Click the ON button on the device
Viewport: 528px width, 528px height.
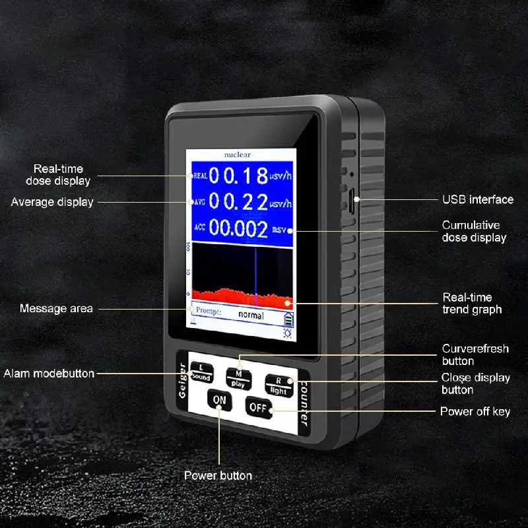click(219, 399)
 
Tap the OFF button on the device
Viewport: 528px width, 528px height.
click(257, 407)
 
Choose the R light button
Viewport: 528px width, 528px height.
click(278, 385)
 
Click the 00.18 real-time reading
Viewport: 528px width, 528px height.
click(234, 176)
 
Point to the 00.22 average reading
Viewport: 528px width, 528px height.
click(234, 201)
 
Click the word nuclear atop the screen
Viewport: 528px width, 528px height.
click(237, 154)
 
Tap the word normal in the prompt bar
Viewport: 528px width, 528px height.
click(251, 315)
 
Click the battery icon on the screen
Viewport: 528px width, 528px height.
click(287, 319)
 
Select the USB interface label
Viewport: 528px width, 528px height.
click(477, 199)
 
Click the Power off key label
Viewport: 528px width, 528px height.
click(475, 412)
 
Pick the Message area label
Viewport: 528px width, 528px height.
click(56, 308)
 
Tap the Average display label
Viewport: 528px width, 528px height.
click(52, 202)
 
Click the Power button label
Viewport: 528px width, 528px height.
click(218, 475)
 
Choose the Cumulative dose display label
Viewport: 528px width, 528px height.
click(474, 232)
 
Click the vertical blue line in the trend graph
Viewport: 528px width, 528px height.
click(255, 271)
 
